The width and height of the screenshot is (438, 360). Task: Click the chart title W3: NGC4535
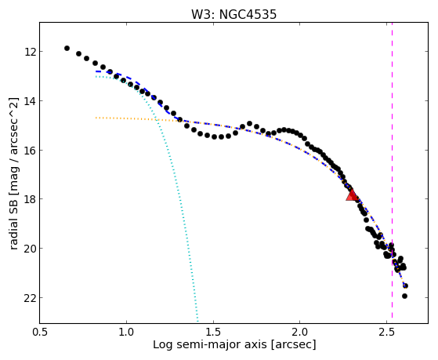pos(233,14)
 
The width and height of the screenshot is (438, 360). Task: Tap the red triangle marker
pos(352,195)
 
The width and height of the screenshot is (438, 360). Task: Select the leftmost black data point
pos(67,48)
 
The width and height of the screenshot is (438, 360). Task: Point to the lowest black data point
pos(404,296)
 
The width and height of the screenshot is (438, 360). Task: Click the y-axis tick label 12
pos(30,52)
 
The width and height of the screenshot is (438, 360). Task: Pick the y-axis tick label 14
pos(30,101)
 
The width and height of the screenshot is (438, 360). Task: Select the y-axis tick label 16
pos(30,151)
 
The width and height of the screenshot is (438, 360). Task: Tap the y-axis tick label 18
pos(30,199)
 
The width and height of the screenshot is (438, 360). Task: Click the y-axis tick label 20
pos(30,249)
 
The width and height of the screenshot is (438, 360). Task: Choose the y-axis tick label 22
pos(30,298)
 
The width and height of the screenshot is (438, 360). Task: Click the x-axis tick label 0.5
pos(40,332)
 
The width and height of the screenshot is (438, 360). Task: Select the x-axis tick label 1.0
pos(126,332)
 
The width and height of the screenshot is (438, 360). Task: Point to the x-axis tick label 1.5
pos(213,332)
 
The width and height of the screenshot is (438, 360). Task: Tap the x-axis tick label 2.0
pos(300,332)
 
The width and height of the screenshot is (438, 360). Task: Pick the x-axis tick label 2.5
pos(386,332)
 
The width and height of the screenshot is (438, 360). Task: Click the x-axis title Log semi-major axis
pos(210,344)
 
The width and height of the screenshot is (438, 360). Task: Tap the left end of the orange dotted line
pos(96,118)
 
